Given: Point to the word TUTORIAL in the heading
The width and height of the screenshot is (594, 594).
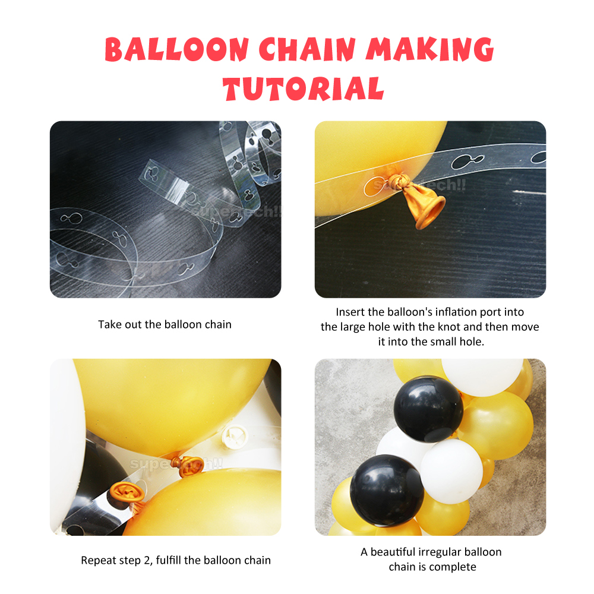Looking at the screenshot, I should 304,88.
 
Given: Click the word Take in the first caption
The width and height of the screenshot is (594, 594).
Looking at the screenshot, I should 109,324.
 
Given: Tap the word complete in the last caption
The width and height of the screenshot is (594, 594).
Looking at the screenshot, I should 453,567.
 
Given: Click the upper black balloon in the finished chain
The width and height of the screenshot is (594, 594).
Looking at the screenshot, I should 428,408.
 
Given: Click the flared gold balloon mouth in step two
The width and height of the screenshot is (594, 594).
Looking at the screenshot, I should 429,211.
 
